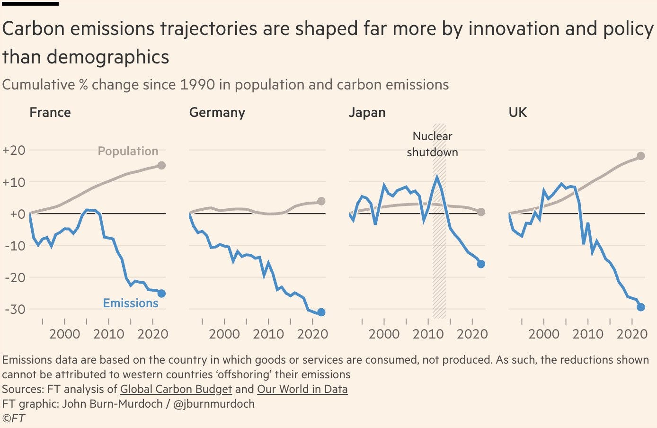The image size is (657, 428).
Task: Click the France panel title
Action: (x=50, y=113)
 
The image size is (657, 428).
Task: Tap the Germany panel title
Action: (x=217, y=113)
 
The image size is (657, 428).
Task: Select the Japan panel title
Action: (x=367, y=113)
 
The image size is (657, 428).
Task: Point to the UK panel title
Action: (x=517, y=113)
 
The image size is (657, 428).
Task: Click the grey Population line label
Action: (x=128, y=152)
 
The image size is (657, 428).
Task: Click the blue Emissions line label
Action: (x=131, y=303)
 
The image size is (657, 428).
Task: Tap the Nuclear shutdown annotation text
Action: (x=432, y=144)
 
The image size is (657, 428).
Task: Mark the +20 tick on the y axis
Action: (x=14, y=151)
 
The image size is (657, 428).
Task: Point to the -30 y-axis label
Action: (x=14, y=309)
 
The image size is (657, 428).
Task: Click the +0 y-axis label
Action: (x=14, y=214)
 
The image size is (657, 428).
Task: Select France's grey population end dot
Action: (x=161, y=166)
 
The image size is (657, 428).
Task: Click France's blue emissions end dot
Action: (x=161, y=294)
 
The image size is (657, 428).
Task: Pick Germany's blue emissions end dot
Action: (x=321, y=312)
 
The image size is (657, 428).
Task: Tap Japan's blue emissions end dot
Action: (x=481, y=264)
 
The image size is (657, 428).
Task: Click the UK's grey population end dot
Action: (x=641, y=156)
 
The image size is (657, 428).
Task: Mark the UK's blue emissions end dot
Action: (x=641, y=307)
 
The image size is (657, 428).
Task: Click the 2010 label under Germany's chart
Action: (x=268, y=334)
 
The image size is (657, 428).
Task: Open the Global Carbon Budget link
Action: (x=176, y=389)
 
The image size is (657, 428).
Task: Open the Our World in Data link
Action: (x=302, y=389)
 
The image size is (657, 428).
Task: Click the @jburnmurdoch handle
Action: (x=214, y=404)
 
